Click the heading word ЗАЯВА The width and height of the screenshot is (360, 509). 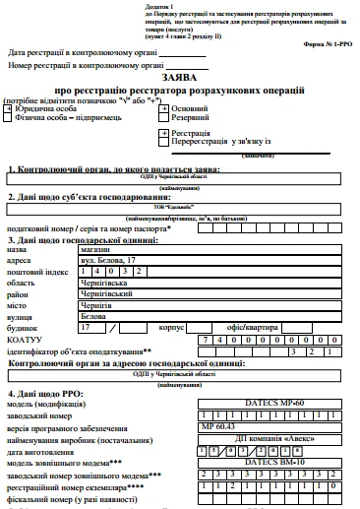point(179,77)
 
